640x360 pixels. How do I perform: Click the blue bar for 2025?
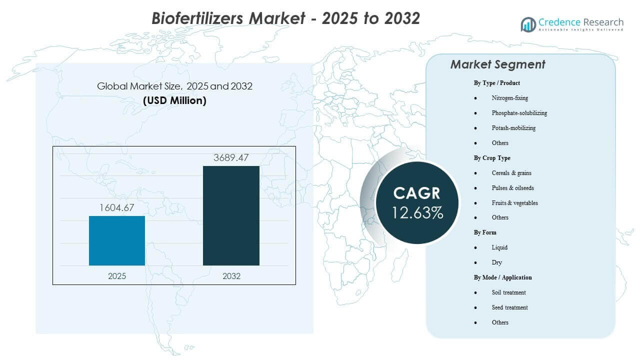(x=117, y=240)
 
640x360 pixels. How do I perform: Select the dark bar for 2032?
(x=231, y=215)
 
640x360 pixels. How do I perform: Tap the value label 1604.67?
(x=117, y=207)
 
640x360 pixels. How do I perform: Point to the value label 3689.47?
(x=231, y=158)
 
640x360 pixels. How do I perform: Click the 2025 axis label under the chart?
(x=117, y=276)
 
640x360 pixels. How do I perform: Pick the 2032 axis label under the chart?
(x=231, y=276)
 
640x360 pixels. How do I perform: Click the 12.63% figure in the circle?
(x=417, y=212)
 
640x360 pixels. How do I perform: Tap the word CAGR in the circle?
(x=417, y=193)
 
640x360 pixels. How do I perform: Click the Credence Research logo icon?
(x=528, y=24)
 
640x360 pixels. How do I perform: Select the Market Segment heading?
(x=497, y=64)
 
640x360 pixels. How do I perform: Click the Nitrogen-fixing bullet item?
(x=509, y=98)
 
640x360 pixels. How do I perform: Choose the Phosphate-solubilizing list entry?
(x=519, y=113)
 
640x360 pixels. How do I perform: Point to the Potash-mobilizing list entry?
(x=513, y=128)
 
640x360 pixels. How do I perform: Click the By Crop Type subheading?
(x=492, y=158)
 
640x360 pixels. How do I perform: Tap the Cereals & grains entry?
(x=511, y=173)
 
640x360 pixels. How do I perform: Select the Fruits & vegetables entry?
(x=514, y=203)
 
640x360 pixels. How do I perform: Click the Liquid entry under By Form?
(x=499, y=247)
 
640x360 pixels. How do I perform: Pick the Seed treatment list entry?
(x=509, y=307)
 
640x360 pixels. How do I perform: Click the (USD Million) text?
(x=174, y=100)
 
